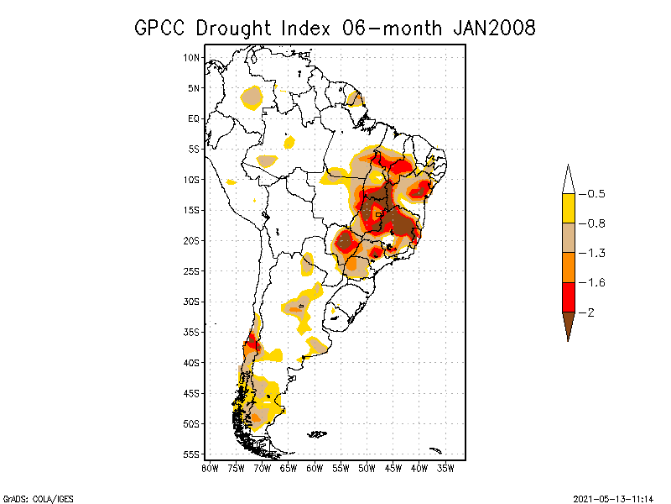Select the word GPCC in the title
click(163, 28)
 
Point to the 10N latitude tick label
click(192, 58)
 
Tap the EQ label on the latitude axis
click(194, 118)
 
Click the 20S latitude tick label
click(192, 240)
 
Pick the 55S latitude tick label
click(192, 454)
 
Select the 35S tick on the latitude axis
click(192, 332)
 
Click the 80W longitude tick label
click(210, 467)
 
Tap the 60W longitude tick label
click(315, 467)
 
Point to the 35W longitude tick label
click(445, 467)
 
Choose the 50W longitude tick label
click(367, 467)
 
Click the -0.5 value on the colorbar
click(596, 194)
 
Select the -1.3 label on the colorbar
click(596, 253)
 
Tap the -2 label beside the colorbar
click(591, 312)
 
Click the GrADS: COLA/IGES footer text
click(38, 498)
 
